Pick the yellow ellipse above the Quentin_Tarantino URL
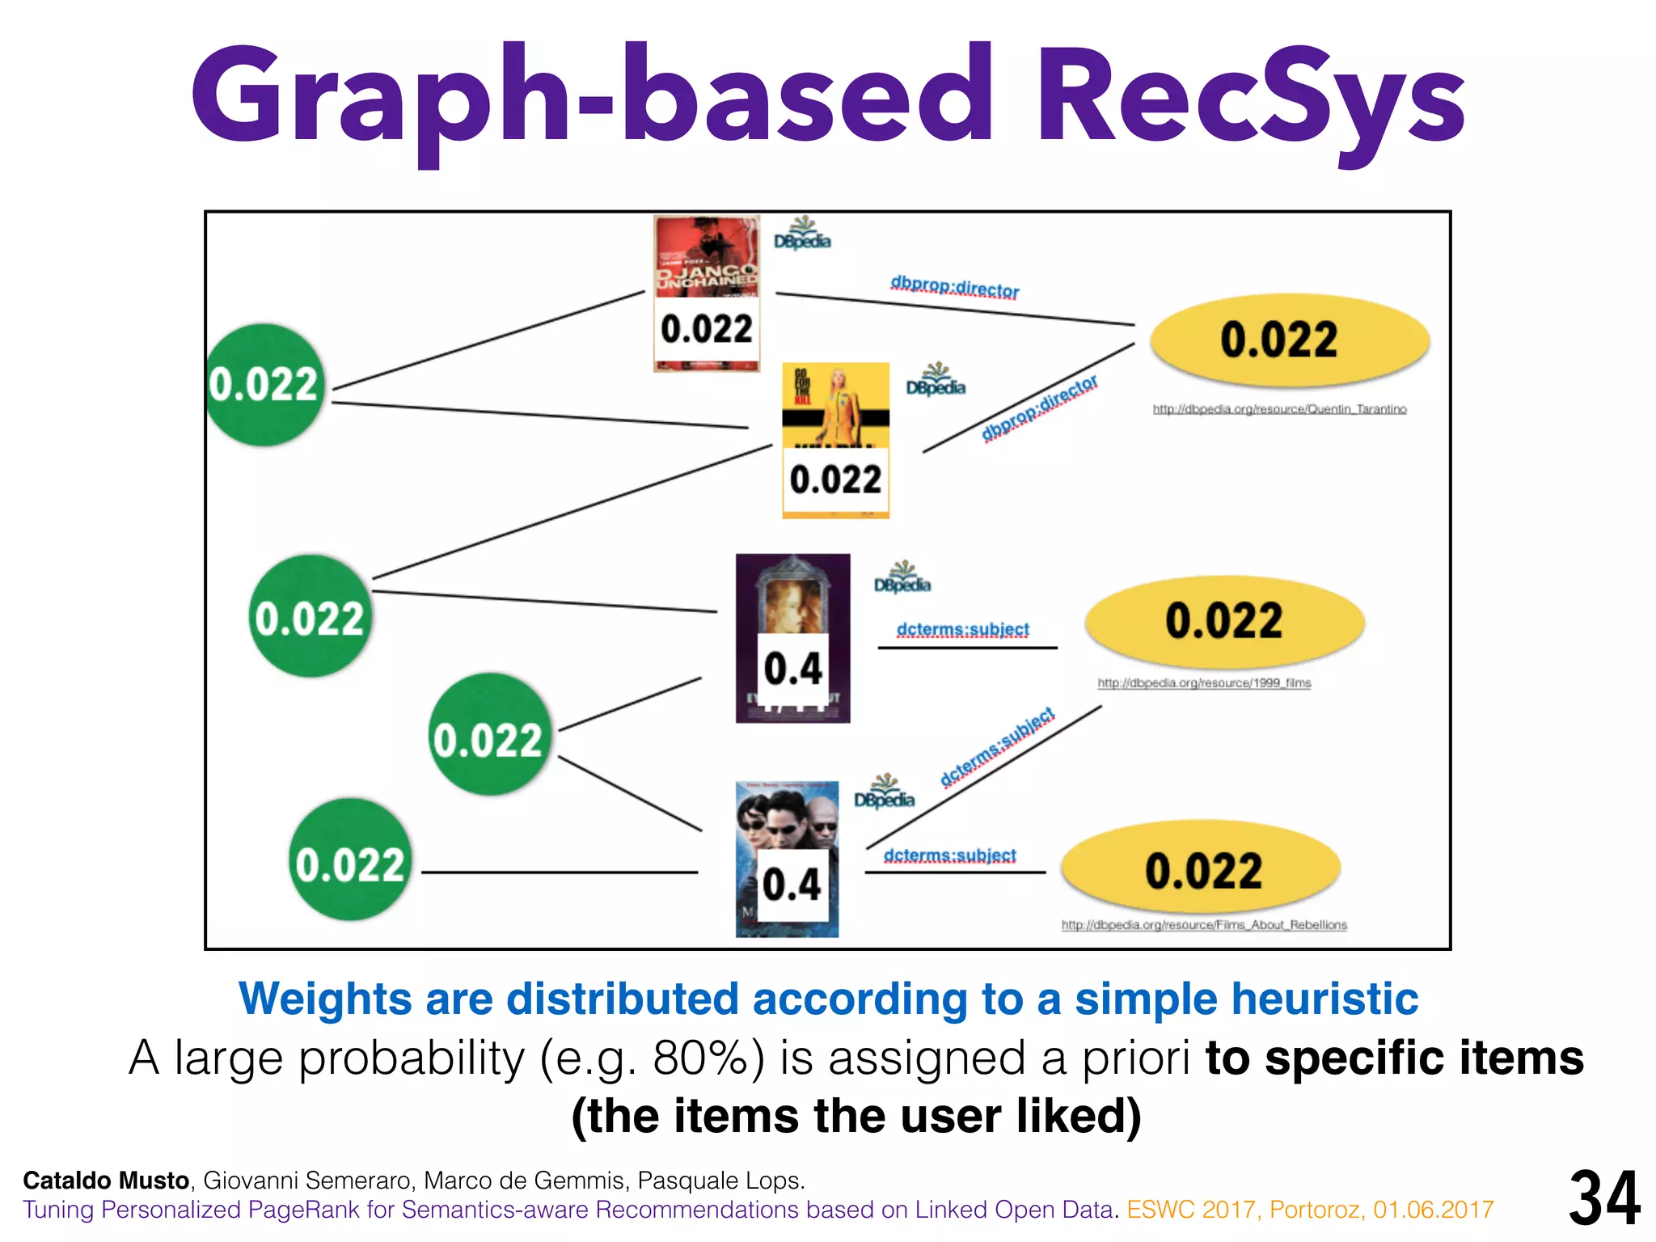pos(1290,340)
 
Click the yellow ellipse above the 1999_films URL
pos(1224,621)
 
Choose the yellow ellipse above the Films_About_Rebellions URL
pos(1201,869)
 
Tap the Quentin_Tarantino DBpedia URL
pos(1279,409)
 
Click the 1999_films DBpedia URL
pos(1204,683)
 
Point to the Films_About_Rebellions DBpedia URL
pos(1204,925)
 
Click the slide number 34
pos(1604,1199)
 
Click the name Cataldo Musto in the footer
pos(106,1181)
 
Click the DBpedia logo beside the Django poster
pos(802,234)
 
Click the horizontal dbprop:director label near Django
pos(954,287)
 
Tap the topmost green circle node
pos(264,385)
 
